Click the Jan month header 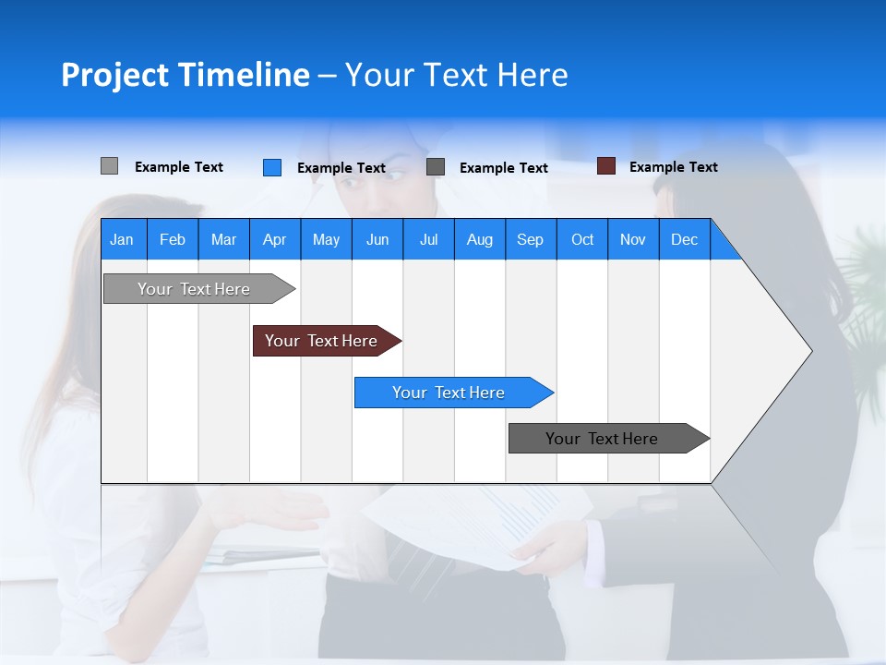pos(123,239)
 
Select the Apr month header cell pos(275,239)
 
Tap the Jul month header pos(428,239)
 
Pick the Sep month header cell pos(531,239)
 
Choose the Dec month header pos(684,239)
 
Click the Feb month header pos(173,239)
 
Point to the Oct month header pos(582,239)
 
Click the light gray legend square pos(109,166)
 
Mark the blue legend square pos(272,167)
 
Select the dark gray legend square pos(436,167)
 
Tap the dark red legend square pos(606,166)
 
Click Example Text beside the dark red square pos(673,167)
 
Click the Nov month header pos(633,239)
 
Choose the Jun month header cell pos(377,239)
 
